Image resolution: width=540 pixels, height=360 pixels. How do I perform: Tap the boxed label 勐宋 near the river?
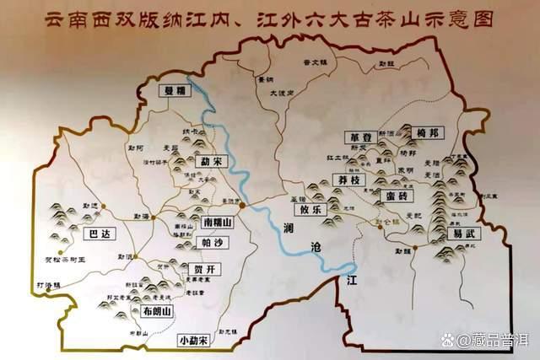[x=207, y=161]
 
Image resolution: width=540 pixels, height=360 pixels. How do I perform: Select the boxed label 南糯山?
[x=218, y=222]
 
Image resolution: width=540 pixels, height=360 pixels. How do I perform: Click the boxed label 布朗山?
[x=157, y=311]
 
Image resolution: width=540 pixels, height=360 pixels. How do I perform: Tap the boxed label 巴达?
[x=98, y=234]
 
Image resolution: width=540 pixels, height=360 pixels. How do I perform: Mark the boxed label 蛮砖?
[x=394, y=196]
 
